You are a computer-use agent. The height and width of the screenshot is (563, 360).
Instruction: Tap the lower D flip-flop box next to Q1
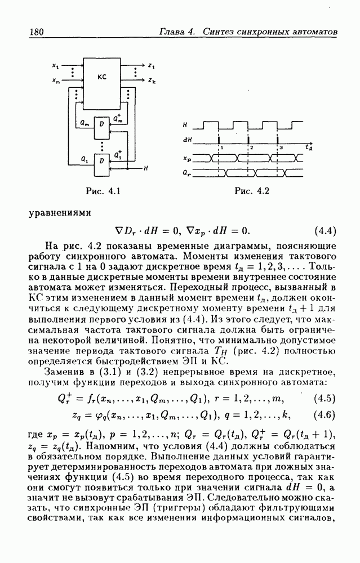101,161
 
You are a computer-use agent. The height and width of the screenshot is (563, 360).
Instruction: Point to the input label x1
55,66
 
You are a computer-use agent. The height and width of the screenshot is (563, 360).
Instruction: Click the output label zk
152,82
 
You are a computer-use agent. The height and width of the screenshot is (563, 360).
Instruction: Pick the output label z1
152,66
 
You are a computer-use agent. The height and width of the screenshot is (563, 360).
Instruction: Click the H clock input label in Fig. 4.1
145,168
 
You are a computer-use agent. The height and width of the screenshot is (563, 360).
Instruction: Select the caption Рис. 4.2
251,191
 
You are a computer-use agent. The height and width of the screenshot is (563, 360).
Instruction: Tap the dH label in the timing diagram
188,139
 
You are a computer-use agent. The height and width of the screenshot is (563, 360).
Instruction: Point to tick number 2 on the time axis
252,146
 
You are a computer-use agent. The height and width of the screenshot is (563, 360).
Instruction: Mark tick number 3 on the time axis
281,146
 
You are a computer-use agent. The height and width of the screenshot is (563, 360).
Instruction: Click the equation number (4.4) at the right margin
324,231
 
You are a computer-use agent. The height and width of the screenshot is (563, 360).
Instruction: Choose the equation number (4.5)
324,399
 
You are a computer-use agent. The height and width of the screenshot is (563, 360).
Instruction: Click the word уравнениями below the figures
59,213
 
